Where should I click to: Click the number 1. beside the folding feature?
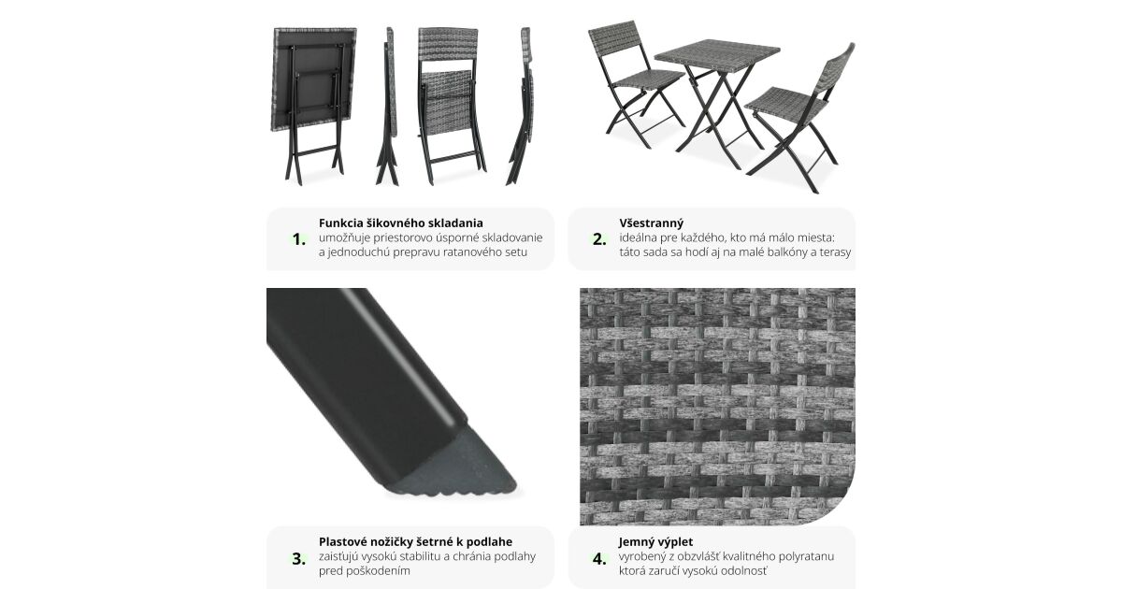(299, 239)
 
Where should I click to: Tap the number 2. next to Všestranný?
(599, 239)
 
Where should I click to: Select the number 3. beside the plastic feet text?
(299, 558)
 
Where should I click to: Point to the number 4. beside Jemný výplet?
(599, 558)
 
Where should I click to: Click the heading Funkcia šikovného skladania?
(401, 223)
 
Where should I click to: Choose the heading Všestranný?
(651, 223)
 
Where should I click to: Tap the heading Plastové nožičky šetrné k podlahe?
(416, 541)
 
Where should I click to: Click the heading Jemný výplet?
(655, 541)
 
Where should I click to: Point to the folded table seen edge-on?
(388, 105)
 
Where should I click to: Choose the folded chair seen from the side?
(520, 105)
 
